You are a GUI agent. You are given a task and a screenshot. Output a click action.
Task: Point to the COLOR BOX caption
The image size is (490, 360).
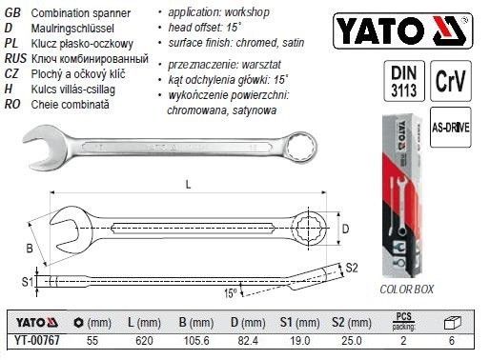405,289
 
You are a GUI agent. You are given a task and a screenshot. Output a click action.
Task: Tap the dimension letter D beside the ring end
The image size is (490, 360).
345,229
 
